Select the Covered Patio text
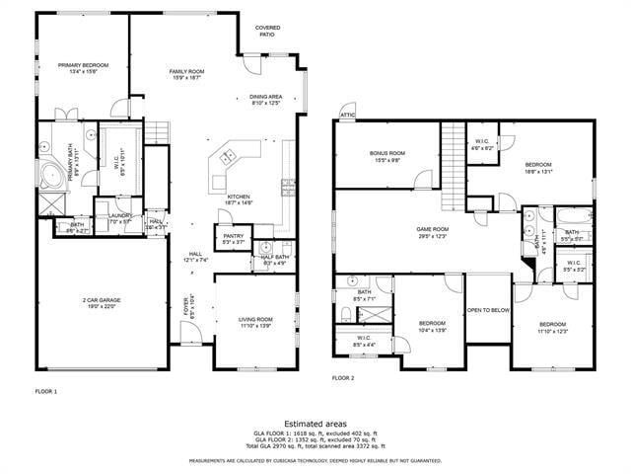click(267, 31)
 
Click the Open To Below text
click(488, 309)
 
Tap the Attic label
click(347, 116)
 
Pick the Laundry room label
click(120, 218)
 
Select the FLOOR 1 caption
click(46, 391)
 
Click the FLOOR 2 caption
click(342, 377)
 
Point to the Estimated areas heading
click(315, 423)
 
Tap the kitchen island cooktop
click(228, 156)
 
